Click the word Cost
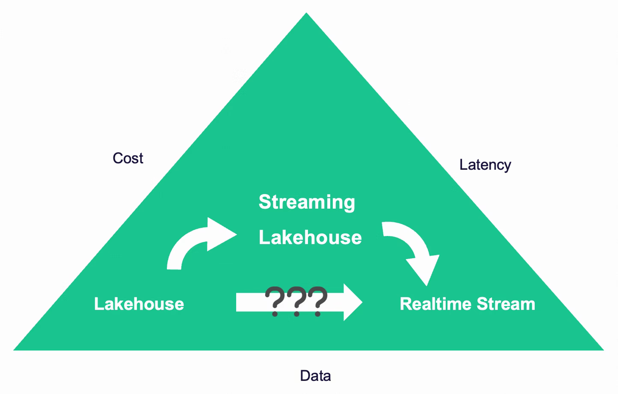128,158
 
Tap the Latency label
485,165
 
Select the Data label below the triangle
315,376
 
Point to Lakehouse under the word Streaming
310,237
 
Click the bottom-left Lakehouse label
139,304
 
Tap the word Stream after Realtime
506,304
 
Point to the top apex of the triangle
306,13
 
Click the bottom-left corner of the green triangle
13,350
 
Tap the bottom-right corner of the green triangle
604,350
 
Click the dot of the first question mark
275,314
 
